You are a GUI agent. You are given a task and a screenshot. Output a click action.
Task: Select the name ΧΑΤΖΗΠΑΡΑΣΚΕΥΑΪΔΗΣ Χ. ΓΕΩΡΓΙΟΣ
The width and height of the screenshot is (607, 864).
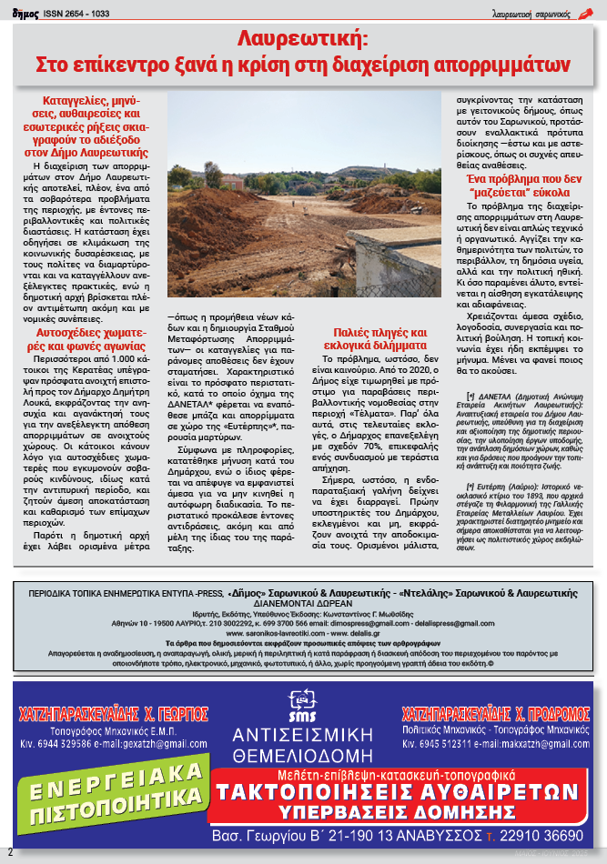point(114,712)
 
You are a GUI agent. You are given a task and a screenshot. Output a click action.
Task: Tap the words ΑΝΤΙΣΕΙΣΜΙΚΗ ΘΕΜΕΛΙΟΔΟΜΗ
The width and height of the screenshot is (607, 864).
point(302,744)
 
